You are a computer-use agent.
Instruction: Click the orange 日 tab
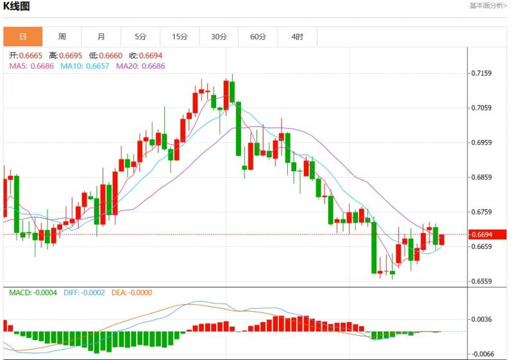pyautogui.click(x=23, y=37)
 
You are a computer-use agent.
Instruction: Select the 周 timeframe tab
pyautogui.click(x=62, y=37)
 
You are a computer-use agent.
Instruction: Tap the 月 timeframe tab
pyautogui.click(x=101, y=37)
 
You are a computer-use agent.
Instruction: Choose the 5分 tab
pyautogui.click(x=140, y=37)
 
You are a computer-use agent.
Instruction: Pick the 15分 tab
pyautogui.click(x=180, y=37)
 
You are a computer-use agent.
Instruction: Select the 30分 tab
pyautogui.click(x=219, y=37)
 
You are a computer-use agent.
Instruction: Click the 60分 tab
pyautogui.click(x=258, y=37)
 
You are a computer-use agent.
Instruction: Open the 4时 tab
pyautogui.click(x=297, y=37)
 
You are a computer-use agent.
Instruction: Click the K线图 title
pyautogui.click(x=17, y=6)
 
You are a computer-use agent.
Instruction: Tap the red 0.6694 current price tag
pyautogui.click(x=489, y=234)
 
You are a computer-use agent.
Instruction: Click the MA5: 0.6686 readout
pyautogui.click(x=31, y=65)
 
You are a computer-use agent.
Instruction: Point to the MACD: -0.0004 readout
pyautogui.click(x=33, y=293)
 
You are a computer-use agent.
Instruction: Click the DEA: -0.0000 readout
pyautogui.click(x=132, y=293)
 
